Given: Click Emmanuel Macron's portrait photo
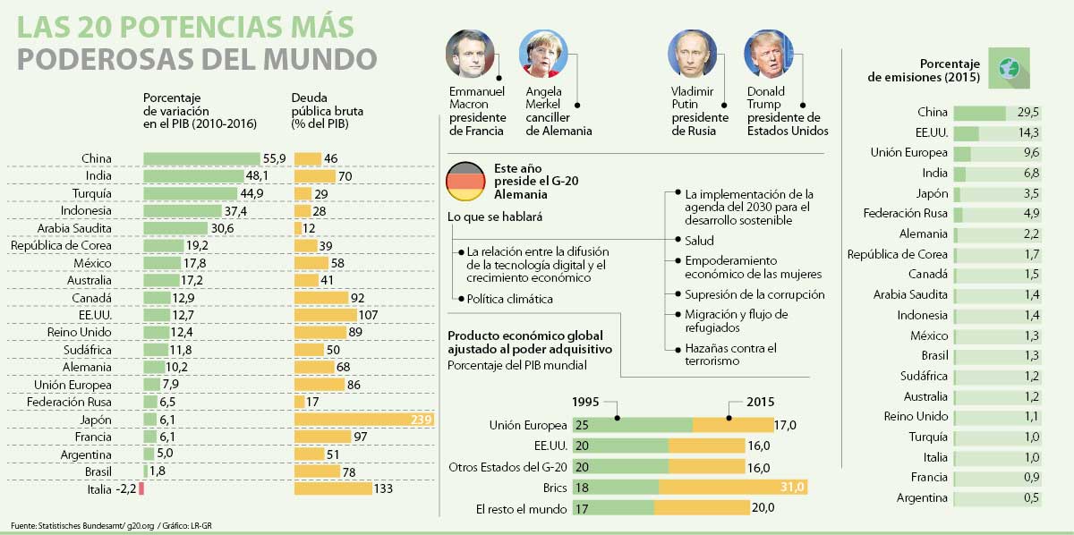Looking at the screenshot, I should (470, 55).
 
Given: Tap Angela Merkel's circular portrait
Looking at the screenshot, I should (544, 55).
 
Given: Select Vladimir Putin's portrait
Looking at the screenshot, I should (692, 55).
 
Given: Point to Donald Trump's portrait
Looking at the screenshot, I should (768, 55).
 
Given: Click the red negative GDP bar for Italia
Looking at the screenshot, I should (141, 489).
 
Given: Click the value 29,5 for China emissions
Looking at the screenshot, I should (1028, 113).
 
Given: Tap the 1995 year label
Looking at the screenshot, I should (585, 403).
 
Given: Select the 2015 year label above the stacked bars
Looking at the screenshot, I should (761, 403).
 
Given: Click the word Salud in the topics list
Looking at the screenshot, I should (700, 240).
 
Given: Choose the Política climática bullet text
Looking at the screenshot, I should (509, 299).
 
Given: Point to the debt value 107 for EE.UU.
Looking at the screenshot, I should (369, 315).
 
